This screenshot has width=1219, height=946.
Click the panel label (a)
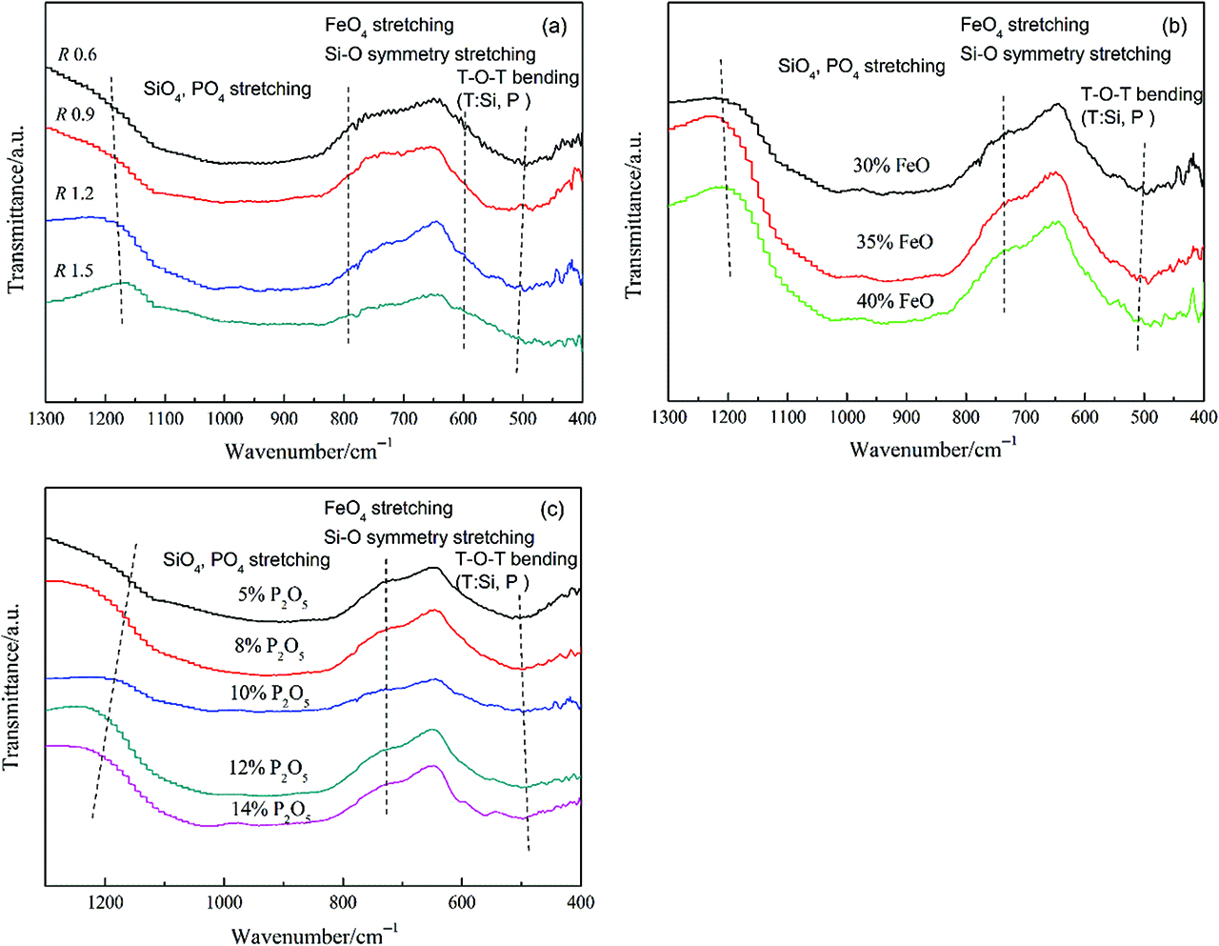tap(553, 26)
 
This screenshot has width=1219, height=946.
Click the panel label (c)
tap(552, 510)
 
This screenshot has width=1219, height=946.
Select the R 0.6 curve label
tap(77, 54)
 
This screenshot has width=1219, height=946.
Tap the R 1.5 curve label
tap(74, 272)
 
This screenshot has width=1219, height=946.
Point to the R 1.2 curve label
tap(75, 193)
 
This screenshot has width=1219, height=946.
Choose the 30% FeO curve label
tap(890, 166)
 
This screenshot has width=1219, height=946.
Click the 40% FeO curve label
tap(894, 302)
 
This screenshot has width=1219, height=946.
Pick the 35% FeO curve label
tap(894, 242)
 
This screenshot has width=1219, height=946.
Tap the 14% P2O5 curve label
tap(270, 811)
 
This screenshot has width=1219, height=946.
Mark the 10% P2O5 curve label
tap(269, 694)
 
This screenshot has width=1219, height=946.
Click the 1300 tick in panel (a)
tap(46, 418)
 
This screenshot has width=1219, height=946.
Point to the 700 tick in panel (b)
tap(1026, 417)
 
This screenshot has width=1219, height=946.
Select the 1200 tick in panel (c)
tap(105, 902)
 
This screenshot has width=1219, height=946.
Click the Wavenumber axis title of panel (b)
tap(933, 449)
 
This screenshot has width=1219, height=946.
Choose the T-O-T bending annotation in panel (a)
tap(518, 77)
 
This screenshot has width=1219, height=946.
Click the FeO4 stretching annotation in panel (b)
tap(1024, 26)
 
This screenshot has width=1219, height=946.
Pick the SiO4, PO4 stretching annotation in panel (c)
tap(247, 560)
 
